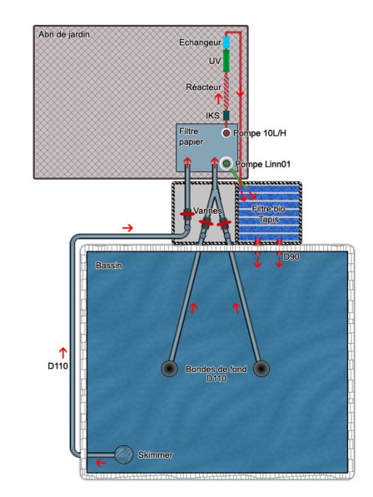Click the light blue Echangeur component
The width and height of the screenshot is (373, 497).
coord(226,43)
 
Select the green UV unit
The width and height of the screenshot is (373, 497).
coord(226,60)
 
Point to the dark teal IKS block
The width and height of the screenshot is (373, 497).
coord(226,115)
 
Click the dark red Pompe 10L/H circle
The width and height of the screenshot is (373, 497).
coord(226,133)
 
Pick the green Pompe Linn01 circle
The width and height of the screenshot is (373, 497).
coord(226,163)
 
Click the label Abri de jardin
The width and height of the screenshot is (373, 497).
coord(64,34)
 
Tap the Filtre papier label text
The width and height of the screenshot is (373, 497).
coord(191,136)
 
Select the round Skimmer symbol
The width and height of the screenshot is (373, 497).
coord(124,454)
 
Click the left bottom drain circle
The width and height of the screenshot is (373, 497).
coord(169,368)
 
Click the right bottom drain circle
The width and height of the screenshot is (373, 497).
coord(261,368)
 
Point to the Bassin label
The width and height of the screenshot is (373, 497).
coord(109,266)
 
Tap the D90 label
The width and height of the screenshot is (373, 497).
coord(291,257)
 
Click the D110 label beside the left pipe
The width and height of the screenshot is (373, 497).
coord(58,366)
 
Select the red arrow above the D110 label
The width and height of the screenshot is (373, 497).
coord(63,353)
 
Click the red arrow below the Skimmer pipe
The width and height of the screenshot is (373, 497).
coord(101,463)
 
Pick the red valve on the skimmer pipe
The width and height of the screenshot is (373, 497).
coord(188,214)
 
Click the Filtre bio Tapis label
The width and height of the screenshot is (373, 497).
coord(269,214)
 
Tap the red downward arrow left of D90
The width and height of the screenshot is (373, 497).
coord(257,261)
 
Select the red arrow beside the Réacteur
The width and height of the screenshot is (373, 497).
coord(218,99)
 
